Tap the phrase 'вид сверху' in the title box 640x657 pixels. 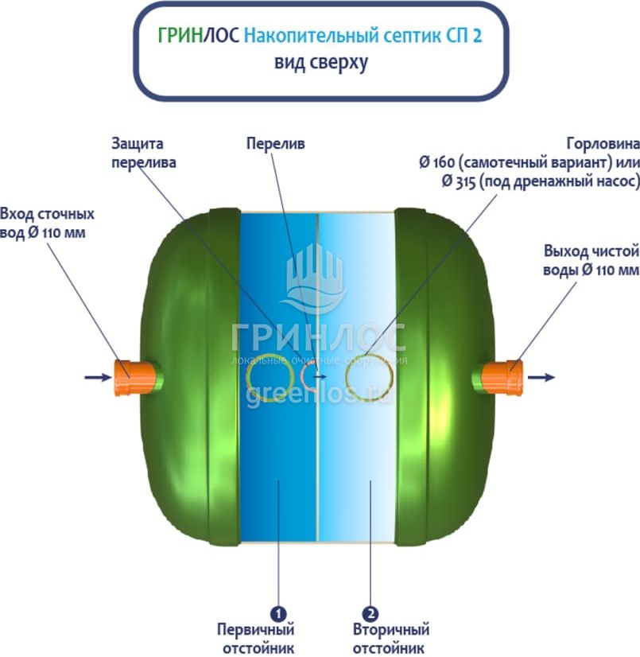(x=320, y=63)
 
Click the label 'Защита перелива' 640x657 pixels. (x=144, y=153)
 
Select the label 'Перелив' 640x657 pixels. (x=275, y=144)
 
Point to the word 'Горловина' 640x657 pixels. (x=603, y=145)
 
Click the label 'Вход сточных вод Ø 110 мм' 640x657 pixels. (x=48, y=224)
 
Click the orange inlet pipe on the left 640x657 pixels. (x=127, y=378)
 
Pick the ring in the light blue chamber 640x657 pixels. (x=370, y=377)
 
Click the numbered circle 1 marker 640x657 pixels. (x=278, y=614)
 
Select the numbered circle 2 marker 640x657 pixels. (x=370, y=614)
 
